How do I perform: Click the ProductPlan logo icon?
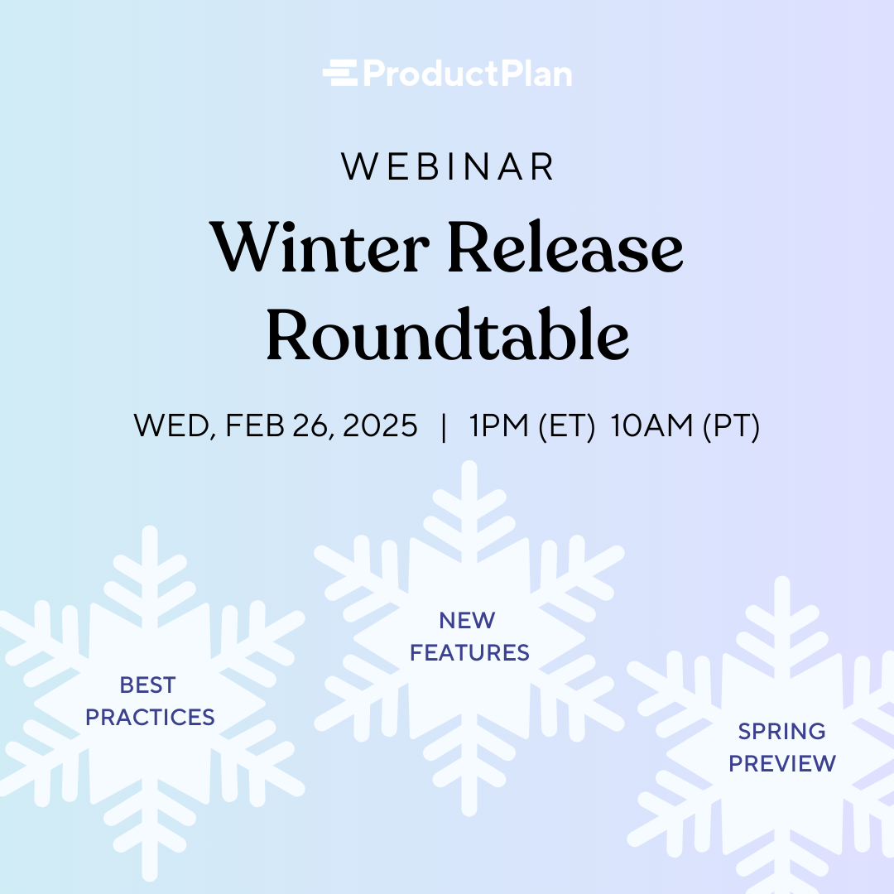coord(339,74)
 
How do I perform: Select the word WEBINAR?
coord(448,167)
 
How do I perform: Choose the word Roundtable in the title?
coord(447,336)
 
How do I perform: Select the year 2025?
coord(381,426)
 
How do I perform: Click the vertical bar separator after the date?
coord(445,426)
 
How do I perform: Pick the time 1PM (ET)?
coord(531,426)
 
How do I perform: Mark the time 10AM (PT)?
coord(685,426)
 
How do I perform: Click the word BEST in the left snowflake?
coord(148,685)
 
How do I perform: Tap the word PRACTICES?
coord(150,718)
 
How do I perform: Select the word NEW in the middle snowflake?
coord(468,620)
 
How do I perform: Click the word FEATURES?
coord(469,653)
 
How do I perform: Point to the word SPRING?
coord(781,732)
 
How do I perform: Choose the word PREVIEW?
coord(782,763)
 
